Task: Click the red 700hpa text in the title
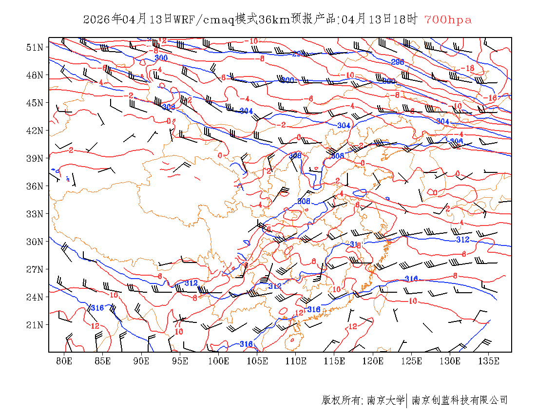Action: coord(448,19)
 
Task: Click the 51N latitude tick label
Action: coord(35,47)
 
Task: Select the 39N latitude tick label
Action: coord(35,158)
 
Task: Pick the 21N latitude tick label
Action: coord(35,324)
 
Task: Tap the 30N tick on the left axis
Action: coord(35,242)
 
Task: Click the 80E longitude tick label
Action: coord(64,361)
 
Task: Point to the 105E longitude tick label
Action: coord(257,361)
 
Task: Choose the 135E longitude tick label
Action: coord(489,361)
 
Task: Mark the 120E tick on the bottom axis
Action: coord(373,361)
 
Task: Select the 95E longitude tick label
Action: coord(180,361)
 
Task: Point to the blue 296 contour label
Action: coord(398,62)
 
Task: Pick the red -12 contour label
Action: coord(161,40)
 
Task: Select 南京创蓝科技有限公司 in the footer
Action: coord(460,400)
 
